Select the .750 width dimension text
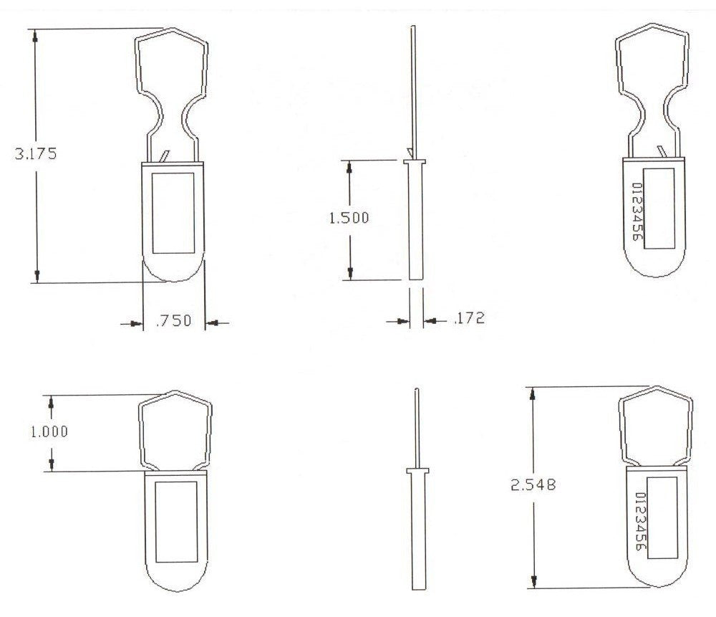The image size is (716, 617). (x=173, y=321)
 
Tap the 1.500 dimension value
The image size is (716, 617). (x=349, y=218)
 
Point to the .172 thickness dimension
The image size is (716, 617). (x=469, y=318)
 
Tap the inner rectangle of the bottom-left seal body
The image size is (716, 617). (x=176, y=521)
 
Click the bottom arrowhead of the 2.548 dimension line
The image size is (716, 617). (x=532, y=581)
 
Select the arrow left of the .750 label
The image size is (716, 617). (x=132, y=324)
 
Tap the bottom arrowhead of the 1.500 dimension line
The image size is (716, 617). (x=350, y=273)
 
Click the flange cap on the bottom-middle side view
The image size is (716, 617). (x=417, y=471)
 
